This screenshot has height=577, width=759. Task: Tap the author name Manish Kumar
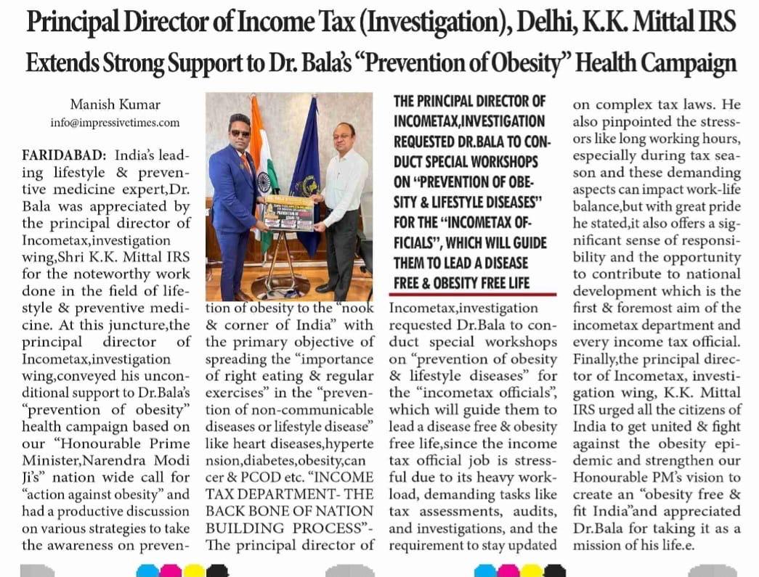pos(115,105)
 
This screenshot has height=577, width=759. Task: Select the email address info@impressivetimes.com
pos(115,123)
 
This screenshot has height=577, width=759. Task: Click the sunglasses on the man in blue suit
pos(240,134)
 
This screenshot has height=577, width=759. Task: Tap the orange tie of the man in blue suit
pos(246,161)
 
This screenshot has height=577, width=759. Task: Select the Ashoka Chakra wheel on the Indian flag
pos(264,181)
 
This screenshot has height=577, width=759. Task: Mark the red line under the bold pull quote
pos(474,294)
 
